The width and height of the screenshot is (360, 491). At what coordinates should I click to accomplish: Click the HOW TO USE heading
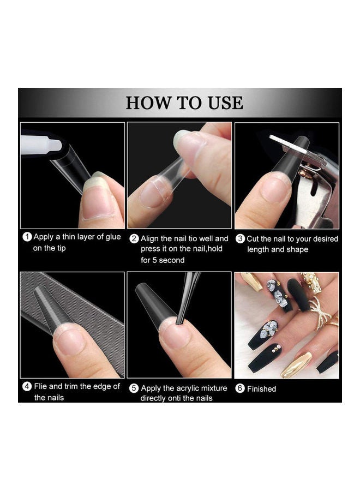[184, 103]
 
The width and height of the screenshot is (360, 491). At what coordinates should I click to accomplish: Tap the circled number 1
[27, 237]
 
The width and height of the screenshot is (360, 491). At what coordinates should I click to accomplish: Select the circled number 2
[134, 238]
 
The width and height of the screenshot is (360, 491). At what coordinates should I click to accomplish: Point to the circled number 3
[240, 238]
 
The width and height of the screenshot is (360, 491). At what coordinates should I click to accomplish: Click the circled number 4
[27, 386]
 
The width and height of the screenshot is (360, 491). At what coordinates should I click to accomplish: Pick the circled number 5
[134, 388]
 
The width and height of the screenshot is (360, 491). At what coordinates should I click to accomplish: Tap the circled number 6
[240, 388]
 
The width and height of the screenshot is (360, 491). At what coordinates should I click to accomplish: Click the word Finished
[261, 389]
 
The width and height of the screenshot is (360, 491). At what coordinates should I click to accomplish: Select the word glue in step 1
[113, 237]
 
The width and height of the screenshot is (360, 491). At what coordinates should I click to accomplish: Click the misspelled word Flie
[40, 386]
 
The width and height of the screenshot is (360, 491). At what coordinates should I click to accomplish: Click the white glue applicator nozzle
[41, 145]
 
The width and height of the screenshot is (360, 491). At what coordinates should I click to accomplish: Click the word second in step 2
[172, 260]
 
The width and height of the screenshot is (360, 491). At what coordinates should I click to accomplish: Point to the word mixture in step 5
[214, 388]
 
